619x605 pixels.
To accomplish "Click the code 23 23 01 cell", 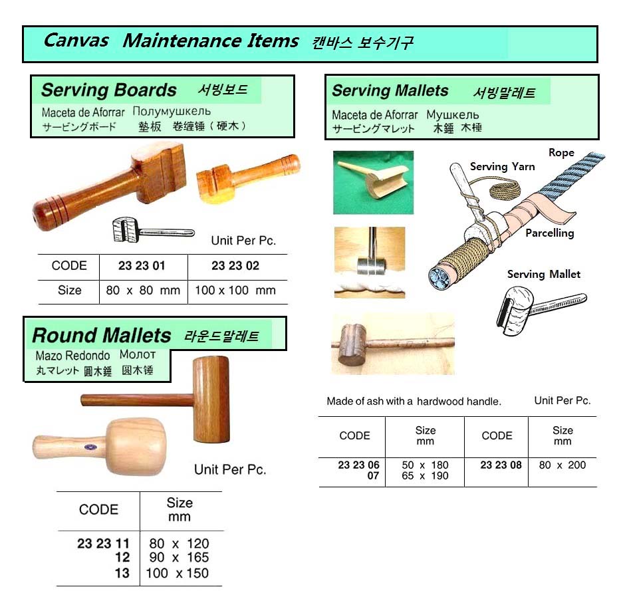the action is pos(142,265).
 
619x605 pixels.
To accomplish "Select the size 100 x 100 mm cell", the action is pos(235,291).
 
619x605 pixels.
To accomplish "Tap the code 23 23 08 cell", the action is pos(501,465).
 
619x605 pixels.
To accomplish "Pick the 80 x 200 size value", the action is pos(562,465).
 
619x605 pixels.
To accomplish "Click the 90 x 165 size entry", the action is pos(179,557).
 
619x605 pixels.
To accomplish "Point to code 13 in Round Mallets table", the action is pos(122,573).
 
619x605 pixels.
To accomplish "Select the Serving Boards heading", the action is pos(109,90).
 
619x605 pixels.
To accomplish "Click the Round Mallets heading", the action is pos(102,336).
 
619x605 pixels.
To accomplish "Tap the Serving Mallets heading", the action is pos(390,91).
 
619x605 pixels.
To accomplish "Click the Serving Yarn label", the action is pos(502,167).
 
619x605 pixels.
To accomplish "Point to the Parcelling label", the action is pos(549,233).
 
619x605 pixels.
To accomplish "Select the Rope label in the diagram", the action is pos(561,152).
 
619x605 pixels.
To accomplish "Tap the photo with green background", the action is pos(374,182).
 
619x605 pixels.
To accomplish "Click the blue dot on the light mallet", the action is pos(91,447).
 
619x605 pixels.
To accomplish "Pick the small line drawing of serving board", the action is pos(153,229).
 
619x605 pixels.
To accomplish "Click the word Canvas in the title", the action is pos(76,41).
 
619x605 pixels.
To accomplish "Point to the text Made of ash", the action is pos(351,402).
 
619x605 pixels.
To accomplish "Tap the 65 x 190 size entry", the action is pos(425,475).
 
